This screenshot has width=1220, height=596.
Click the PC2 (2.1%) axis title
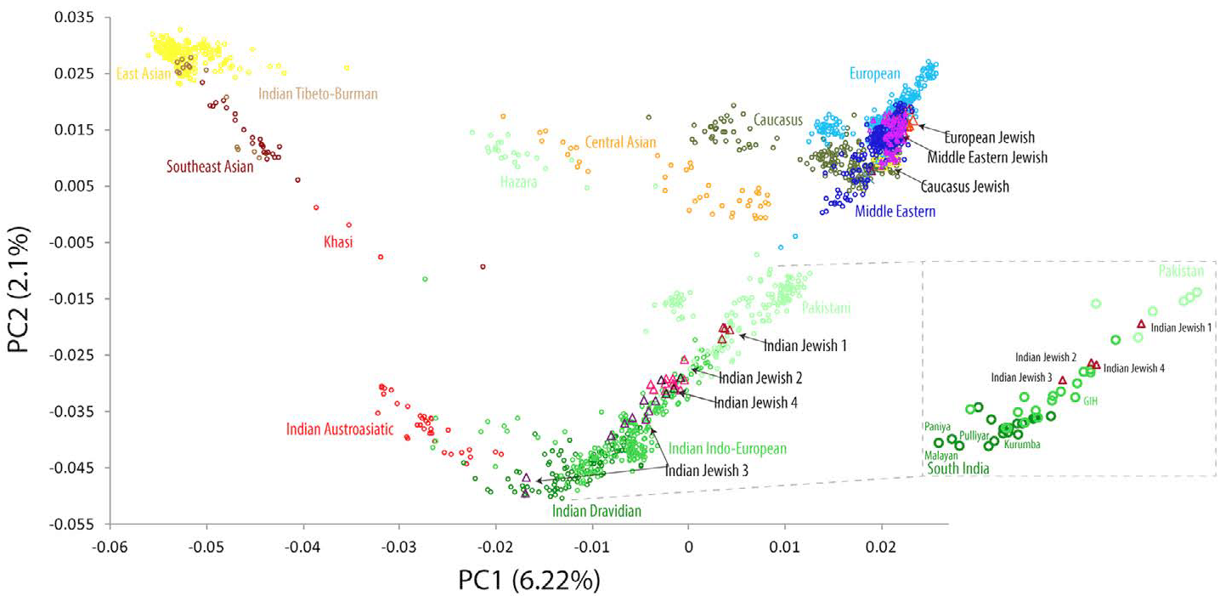(x=19, y=271)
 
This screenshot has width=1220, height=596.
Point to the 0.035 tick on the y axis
(x=74, y=17)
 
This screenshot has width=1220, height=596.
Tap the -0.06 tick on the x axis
(x=108, y=542)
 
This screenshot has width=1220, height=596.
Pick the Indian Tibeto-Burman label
(x=318, y=94)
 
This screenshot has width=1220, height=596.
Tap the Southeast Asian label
(x=210, y=167)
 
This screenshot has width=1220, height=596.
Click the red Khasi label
(x=338, y=242)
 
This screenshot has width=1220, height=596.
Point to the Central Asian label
(x=620, y=142)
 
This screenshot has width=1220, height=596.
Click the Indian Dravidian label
(x=596, y=511)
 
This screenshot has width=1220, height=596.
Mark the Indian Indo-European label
(x=727, y=448)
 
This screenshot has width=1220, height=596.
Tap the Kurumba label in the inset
(x=1022, y=444)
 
